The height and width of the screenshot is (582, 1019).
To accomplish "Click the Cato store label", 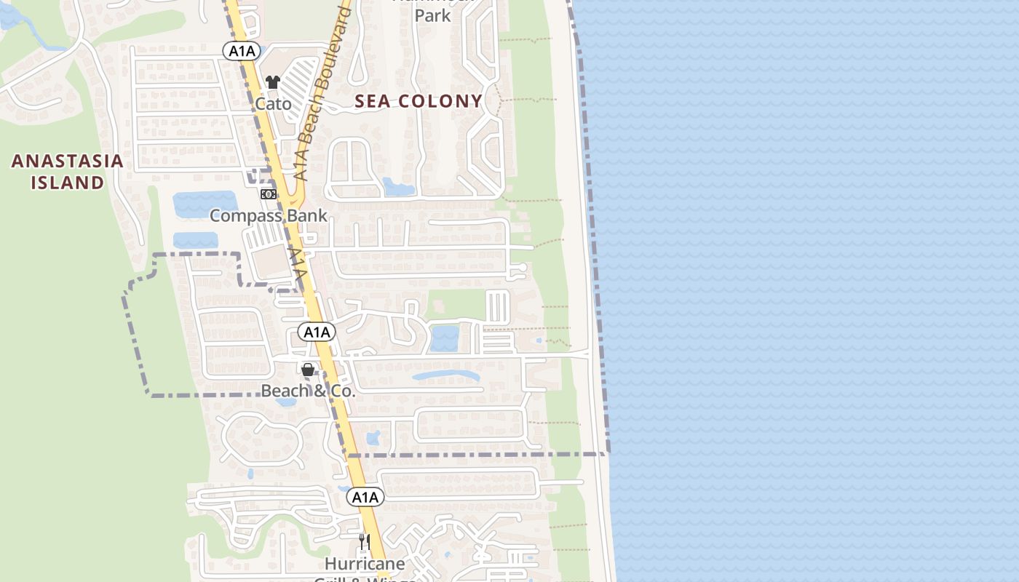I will pyautogui.click(x=273, y=104).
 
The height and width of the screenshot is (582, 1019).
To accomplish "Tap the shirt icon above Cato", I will pyautogui.click(x=273, y=82).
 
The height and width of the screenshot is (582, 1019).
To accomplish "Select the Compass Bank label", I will pyautogui.click(x=269, y=215).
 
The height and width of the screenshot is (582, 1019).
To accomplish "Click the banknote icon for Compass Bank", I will pyautogui.click(x=269, y=194).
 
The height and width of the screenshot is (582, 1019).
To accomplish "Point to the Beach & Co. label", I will pyautogui.click(x=308, y=391).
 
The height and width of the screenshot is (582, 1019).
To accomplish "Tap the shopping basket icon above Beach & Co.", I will pyautogui.click(x=308, y=370).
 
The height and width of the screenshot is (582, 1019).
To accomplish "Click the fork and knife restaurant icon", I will pyautogui.click(x=364, y=542).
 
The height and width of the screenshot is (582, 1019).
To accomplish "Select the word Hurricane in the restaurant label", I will pyautogui.click(x=365, y=564).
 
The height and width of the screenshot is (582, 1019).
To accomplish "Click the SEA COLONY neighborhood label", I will pyautogui.click(x=419, y=101).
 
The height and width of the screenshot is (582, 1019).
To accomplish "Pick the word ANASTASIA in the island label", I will pyautogui.click(x=67, y=161).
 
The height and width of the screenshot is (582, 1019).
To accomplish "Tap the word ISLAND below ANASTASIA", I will pyautogui.click(x=67, y=182).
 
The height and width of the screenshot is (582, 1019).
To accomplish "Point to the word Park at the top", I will pyautogui.click(x=433, y=15).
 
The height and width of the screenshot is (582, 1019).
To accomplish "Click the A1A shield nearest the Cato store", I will pyautogui.click(x=242, y=49).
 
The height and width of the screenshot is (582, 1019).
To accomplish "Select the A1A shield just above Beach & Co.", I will pyautogui.click(x=317, y=332).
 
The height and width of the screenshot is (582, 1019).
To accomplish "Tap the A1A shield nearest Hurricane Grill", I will pyautogui.click(x=365, y=497).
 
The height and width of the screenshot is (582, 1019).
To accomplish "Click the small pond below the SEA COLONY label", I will pyautogui.click(x=398, y=187).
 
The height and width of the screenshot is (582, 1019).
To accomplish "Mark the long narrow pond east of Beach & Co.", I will pyautogui.click(x=445, y=376).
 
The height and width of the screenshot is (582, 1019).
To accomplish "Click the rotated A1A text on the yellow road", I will pyautogui.click(x=297, y=266).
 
